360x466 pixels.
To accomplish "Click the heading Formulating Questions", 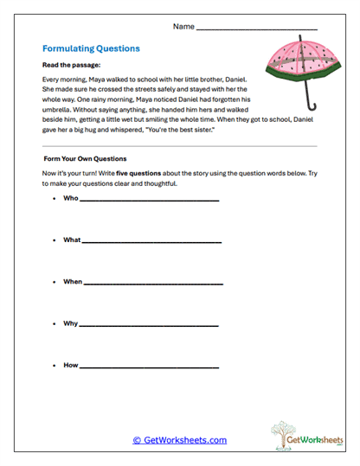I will tap(91, 49).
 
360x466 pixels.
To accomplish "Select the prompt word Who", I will tap(71, 198).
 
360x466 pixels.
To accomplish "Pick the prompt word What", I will tap(73, 239).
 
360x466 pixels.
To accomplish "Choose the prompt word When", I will tap(74, 282).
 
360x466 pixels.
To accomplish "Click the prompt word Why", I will tap(71, 323).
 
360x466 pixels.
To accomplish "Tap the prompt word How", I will tap(71, 365).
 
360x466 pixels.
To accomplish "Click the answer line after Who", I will tap(149, 201).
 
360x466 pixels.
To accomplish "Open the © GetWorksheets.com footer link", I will tap(180, 440).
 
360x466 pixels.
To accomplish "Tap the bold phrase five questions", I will tap(125, 171).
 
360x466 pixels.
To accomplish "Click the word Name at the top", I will tap(183, 27).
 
